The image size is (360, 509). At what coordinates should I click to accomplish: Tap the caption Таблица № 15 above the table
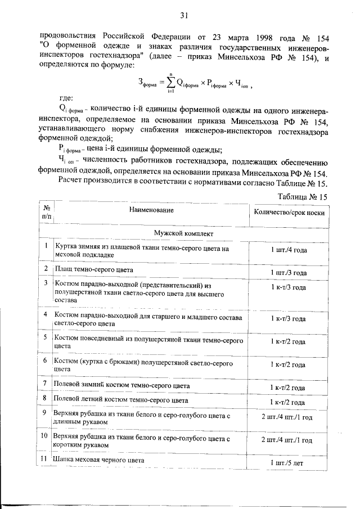coord(303,196)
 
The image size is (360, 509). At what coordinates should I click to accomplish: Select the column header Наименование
coord(150,210)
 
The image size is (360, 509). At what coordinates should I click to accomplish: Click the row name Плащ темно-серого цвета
coord(93,269)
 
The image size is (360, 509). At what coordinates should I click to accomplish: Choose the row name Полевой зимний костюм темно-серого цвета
coord(121,386)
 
